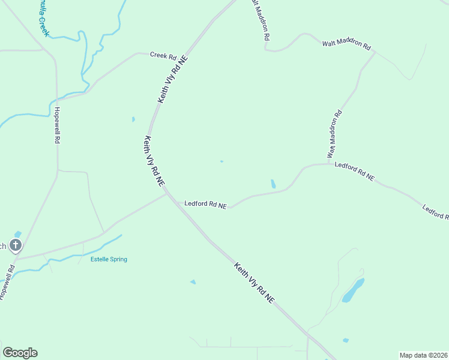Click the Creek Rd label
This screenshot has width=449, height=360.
point(163,56)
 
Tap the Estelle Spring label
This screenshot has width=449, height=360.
point(109,259)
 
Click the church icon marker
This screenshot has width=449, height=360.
point(16,245)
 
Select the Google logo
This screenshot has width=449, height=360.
point(20,353)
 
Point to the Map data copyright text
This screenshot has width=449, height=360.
point(424,355)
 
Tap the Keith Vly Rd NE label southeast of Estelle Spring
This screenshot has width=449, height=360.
point(255,283)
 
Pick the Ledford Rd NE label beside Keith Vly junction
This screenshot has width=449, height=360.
point(205,204)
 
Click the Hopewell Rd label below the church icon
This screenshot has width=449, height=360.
point(7,282)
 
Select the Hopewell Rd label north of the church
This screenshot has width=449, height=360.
point(58,125)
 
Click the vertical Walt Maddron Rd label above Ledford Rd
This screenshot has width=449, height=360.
point(334,134)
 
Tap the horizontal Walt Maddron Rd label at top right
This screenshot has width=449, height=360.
point(346,44)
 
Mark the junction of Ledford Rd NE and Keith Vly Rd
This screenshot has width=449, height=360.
point(167,193)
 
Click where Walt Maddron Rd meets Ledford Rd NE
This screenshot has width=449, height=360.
point(329,163)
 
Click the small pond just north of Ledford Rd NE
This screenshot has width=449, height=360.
point(273,184)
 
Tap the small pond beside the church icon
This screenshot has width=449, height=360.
point(17,233)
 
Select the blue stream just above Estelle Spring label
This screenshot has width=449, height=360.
point(102,244)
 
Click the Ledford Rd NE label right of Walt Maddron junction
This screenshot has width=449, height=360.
point(354,172)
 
